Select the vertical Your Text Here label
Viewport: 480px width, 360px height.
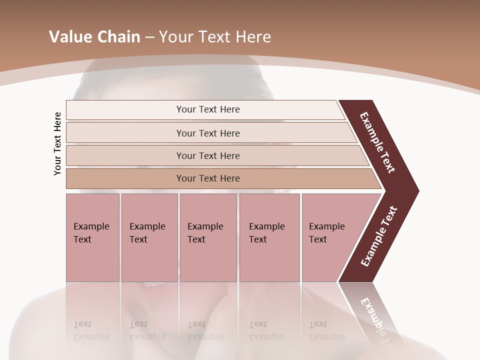[x=57, y=143]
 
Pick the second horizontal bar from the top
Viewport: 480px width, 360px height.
[x=207, y=133]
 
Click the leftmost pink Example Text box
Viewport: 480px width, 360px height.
[x=92, y=237]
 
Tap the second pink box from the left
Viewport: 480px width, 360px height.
[x=149, y=237]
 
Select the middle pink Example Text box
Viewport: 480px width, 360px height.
[x=208, y=237]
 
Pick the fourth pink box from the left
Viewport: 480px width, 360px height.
[x=269, y=237]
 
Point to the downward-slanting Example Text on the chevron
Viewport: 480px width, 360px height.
[x=378, y=142]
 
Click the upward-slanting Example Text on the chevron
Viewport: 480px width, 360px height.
[x=379, y=236]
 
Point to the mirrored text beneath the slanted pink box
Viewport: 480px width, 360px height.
[x=318, y=330]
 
